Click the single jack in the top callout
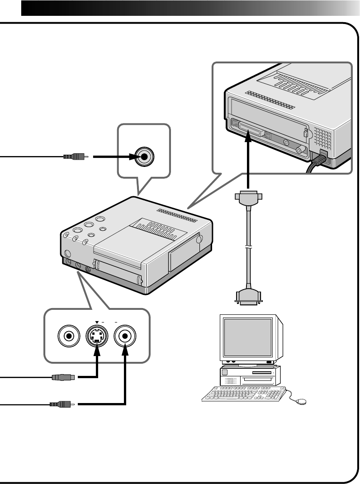point(144,157)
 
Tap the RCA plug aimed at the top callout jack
point(74,157)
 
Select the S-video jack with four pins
point(96,336)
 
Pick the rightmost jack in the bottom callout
point(125,336)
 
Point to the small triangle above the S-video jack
point(97,322)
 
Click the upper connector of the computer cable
point(248,199)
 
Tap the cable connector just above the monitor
point(248,296)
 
